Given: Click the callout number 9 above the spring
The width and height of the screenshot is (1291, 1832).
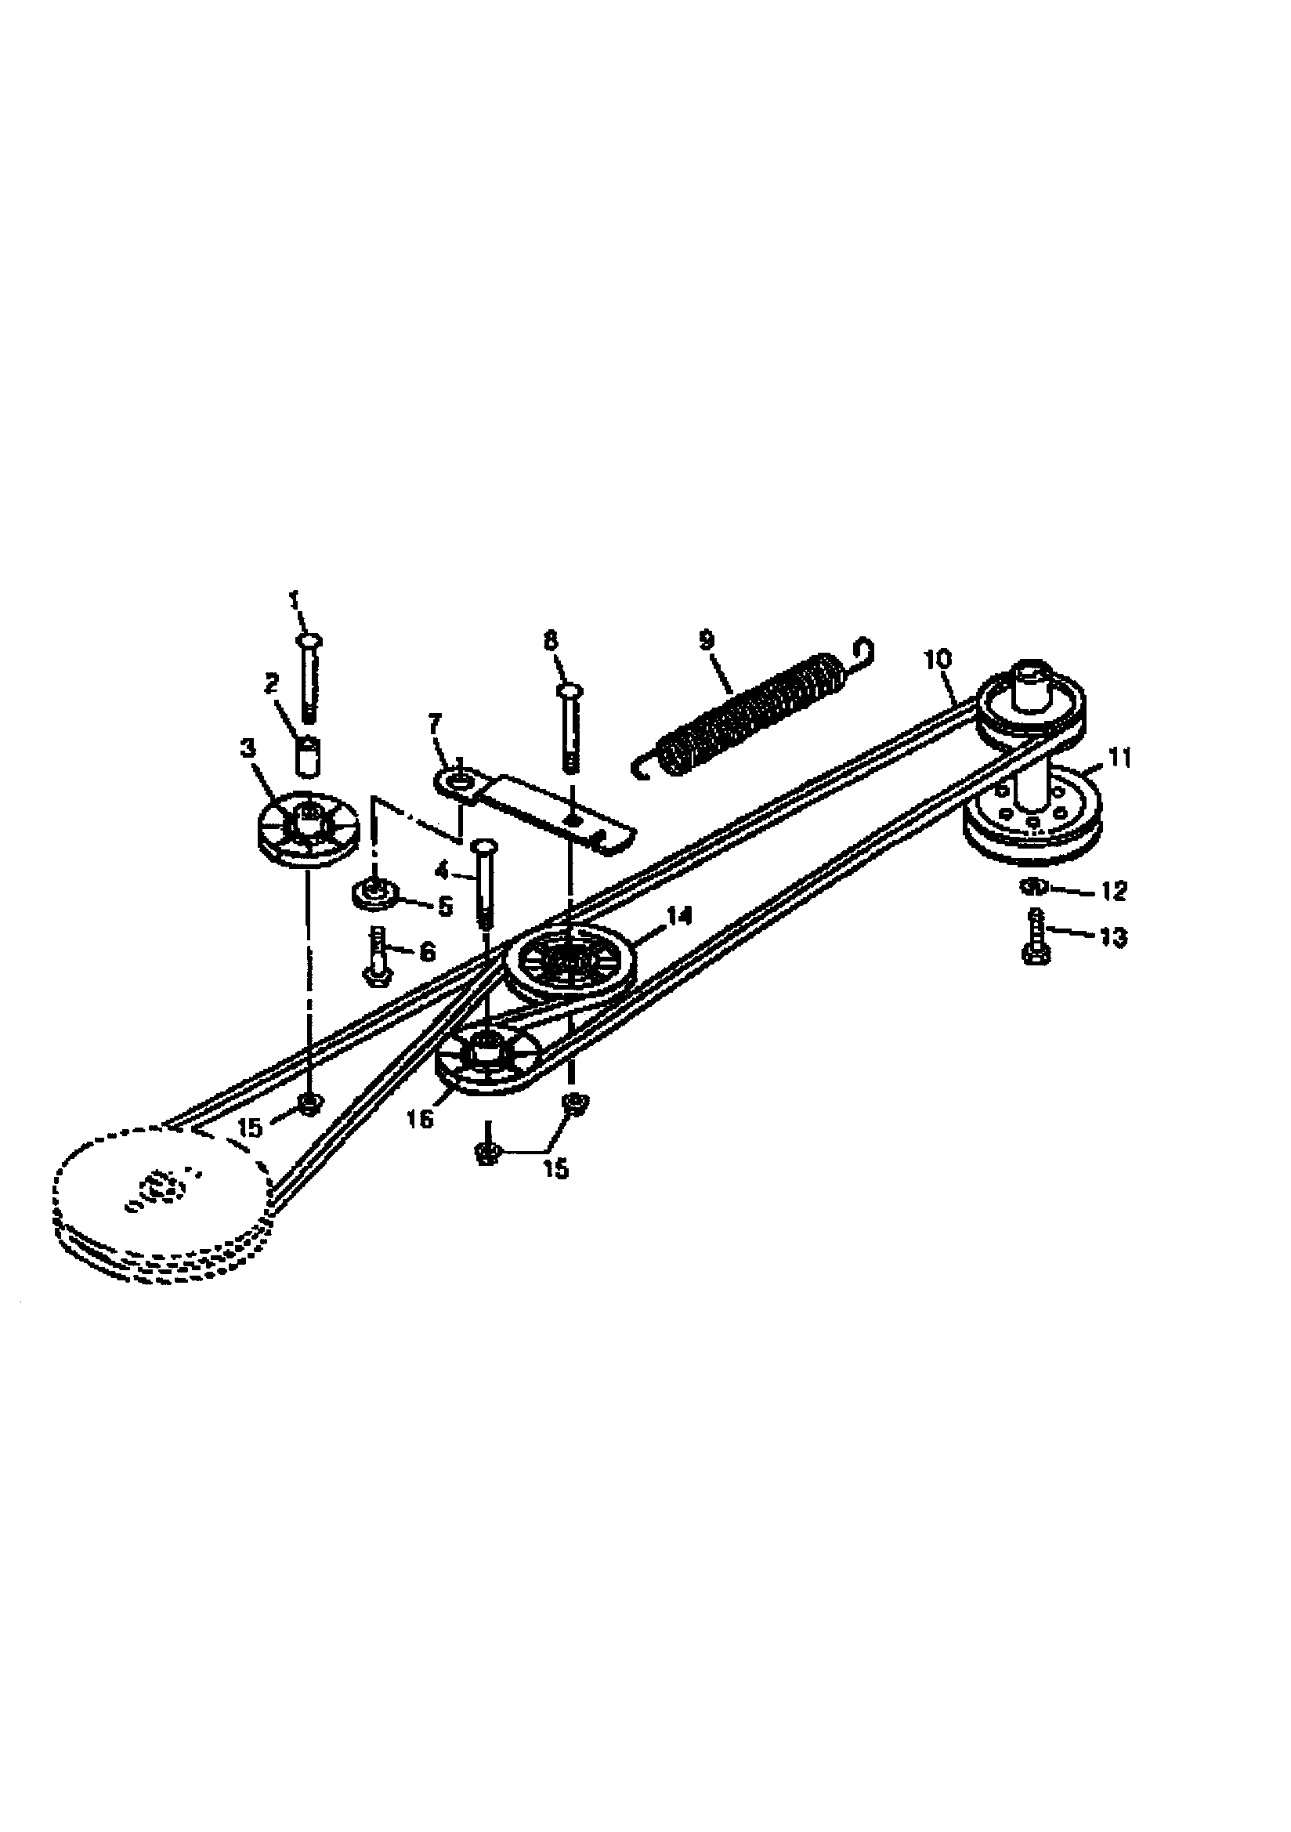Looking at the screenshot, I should tap(706, 641).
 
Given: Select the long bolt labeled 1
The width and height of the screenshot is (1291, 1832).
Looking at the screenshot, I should tap(309, 679).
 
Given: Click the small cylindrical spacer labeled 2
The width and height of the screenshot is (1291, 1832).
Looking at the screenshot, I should tap(308, 755).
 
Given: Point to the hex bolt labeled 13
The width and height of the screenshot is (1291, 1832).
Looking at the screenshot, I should tap(1036, 940).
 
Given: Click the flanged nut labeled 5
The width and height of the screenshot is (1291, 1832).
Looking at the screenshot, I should tap(372, 893).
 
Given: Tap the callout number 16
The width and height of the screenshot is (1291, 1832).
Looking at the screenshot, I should tap(421, 1119).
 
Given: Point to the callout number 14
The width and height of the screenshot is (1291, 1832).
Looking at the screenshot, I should tap(680, 917).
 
